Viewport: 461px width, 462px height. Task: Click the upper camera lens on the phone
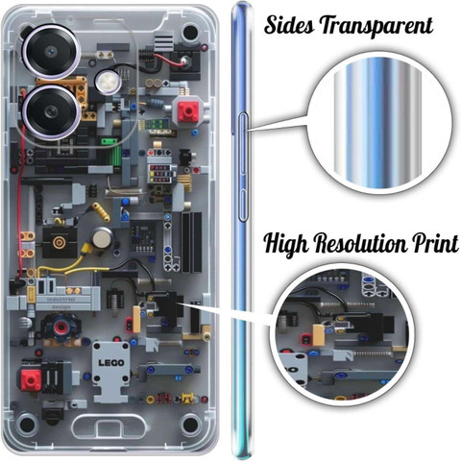(51, 52)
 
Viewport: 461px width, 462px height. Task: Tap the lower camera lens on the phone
(51, 112)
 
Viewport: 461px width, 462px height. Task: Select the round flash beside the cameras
(108, 81)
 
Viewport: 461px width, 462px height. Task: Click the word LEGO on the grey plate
(111, 363)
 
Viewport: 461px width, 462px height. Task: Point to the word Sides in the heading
(290, 25)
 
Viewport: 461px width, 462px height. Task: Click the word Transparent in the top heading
(376, 26)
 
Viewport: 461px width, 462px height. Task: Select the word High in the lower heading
(286, 244)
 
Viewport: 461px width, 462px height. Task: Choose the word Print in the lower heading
(435, 243)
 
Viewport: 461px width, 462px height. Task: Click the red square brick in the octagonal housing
(188, 111)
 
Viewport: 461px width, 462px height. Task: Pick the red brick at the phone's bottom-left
(31, 380)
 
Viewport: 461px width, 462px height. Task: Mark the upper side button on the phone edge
(243, 143)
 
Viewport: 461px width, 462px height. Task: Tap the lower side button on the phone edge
(243, 205)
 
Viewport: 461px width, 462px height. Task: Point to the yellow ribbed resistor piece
(101, 211)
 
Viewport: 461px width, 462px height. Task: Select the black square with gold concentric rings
(60, 242)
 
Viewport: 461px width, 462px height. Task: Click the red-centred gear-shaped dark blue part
(61, 327)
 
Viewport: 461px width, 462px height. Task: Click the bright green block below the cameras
(109, 141)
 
